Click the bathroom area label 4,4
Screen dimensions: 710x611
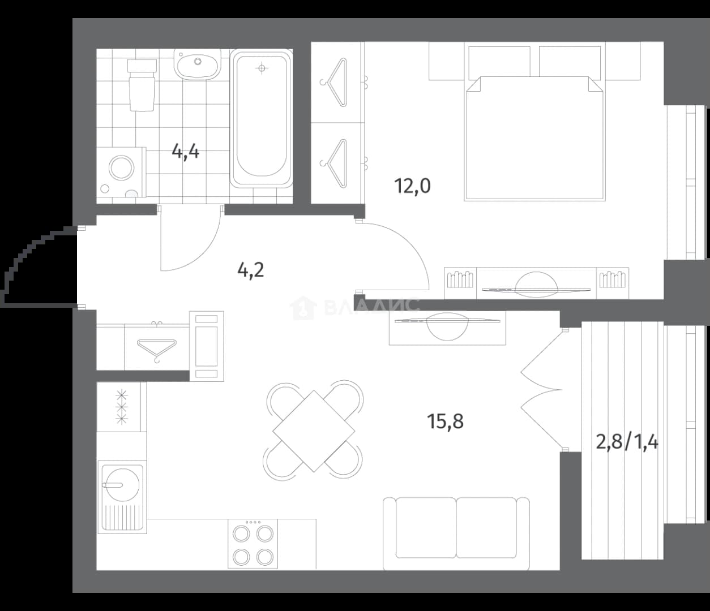[x=186, y=152]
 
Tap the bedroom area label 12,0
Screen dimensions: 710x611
[x=412, y=186]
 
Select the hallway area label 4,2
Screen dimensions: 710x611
[x=251, y=270]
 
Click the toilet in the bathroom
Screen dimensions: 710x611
[x=142, y=85]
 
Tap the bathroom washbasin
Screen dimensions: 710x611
[x=197, y=64]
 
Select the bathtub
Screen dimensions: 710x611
[x=261, y=119]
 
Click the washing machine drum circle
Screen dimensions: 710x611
[x=121, y=168]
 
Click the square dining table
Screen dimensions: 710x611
[x=314, y=431]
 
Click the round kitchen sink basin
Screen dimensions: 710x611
[x=123, y=485]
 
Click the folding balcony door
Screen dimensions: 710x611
[x=542, y=390]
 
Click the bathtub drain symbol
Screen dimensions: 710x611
[x=262, y=68]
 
